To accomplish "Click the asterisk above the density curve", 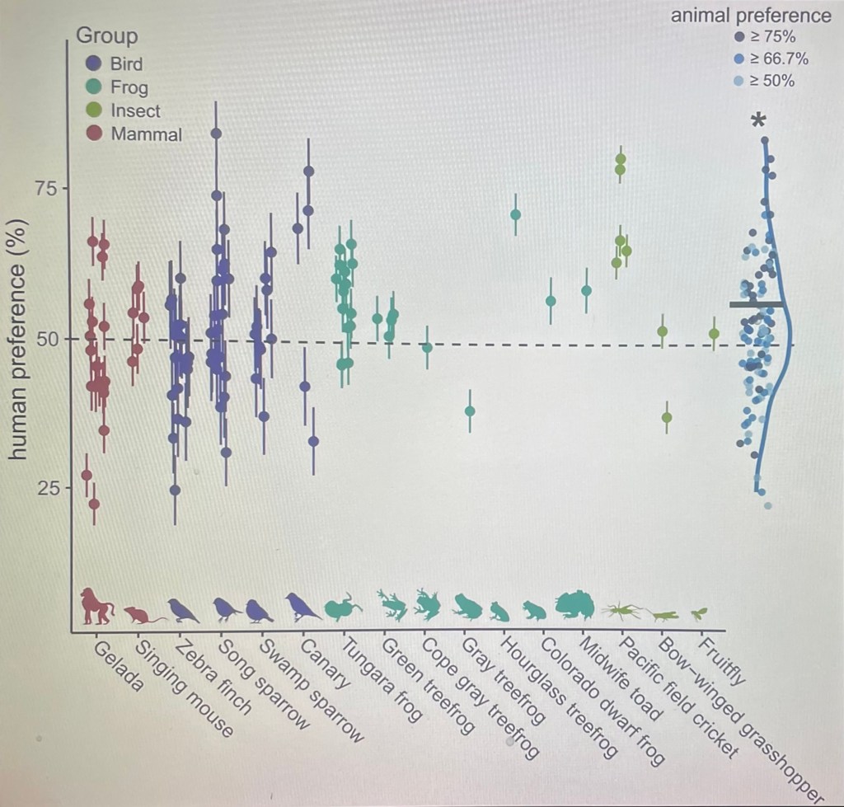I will pos(758,120).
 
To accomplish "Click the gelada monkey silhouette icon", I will pos(96,607).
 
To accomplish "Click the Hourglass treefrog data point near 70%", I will pos(516,215).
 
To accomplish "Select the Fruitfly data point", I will pos(714,333).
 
